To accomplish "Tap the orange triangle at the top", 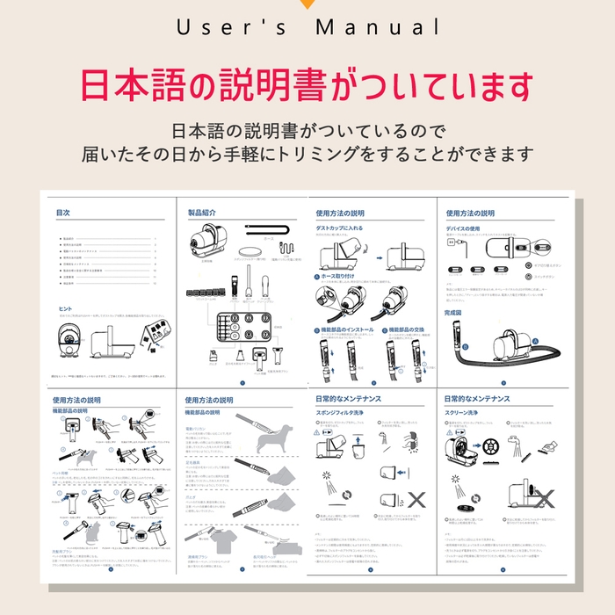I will pyautogui.click(x=307, y=4).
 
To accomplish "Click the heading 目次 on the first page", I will pyautogui.click(x=62, y=213).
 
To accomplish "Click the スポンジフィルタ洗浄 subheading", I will pyautogui.click(x=351, y=411).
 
